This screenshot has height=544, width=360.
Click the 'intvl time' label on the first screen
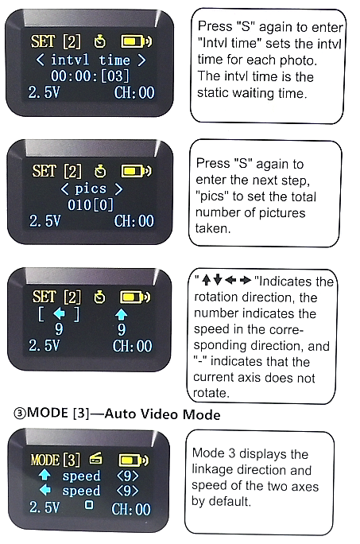91,60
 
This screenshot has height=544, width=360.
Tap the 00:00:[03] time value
90,76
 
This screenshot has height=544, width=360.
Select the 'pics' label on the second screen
91,188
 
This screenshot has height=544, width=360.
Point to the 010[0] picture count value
91,204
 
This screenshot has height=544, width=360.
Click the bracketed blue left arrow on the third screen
60,314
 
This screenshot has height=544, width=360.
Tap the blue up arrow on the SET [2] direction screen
121,314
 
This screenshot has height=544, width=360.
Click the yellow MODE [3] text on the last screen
56,460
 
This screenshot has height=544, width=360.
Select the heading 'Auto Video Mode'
162,414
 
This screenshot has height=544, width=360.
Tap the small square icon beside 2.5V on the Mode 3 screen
89,504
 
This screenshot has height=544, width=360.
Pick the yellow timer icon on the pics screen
101,171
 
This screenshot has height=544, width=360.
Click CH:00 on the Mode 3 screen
131,509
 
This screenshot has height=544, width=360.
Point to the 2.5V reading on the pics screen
45,221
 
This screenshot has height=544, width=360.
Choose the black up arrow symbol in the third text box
206,280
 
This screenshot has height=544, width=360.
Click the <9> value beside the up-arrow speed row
128,476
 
